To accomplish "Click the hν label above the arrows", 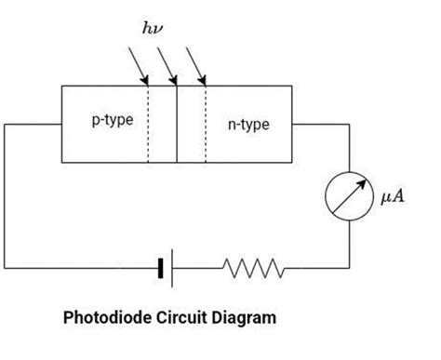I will (x=153, y=29).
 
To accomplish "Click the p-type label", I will (x=111, y=123).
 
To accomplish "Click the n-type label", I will (x=247, y=124).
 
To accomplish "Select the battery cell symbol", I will (x=166, y=268).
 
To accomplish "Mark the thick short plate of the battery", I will (x=161, y=268).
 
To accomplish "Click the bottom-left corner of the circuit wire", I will (x=6, y=268).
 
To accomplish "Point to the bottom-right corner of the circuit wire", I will (x=349, y=268).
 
